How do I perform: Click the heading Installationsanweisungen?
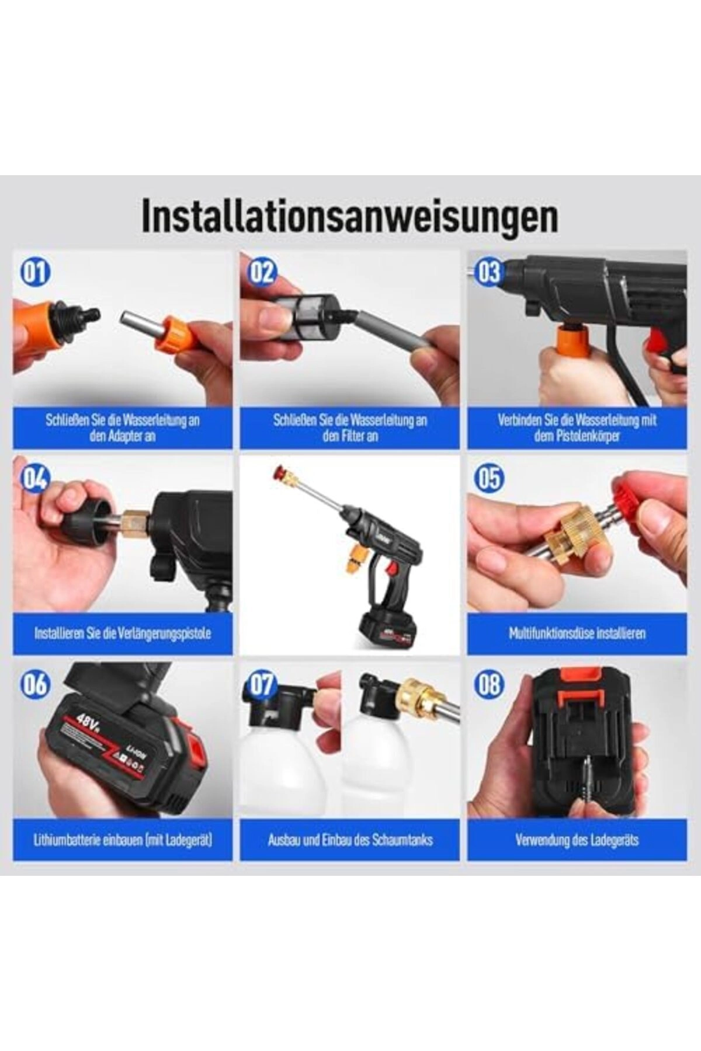tap(349, 217)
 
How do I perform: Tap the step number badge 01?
tap(35, 273)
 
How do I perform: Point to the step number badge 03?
tap(489, 273)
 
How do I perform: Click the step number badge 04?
tap(35, 479)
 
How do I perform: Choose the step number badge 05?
tap(489, 479)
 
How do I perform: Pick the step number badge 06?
tap(35, 684)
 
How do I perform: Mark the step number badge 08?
tap(489, 684)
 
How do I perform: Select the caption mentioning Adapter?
tap(123, 428)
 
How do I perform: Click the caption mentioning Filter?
tap(349, 428)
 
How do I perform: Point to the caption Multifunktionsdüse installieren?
tap(577, 633)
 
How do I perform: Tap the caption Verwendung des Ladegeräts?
tap(577, 840)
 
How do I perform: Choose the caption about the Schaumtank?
tap(349, 840)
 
